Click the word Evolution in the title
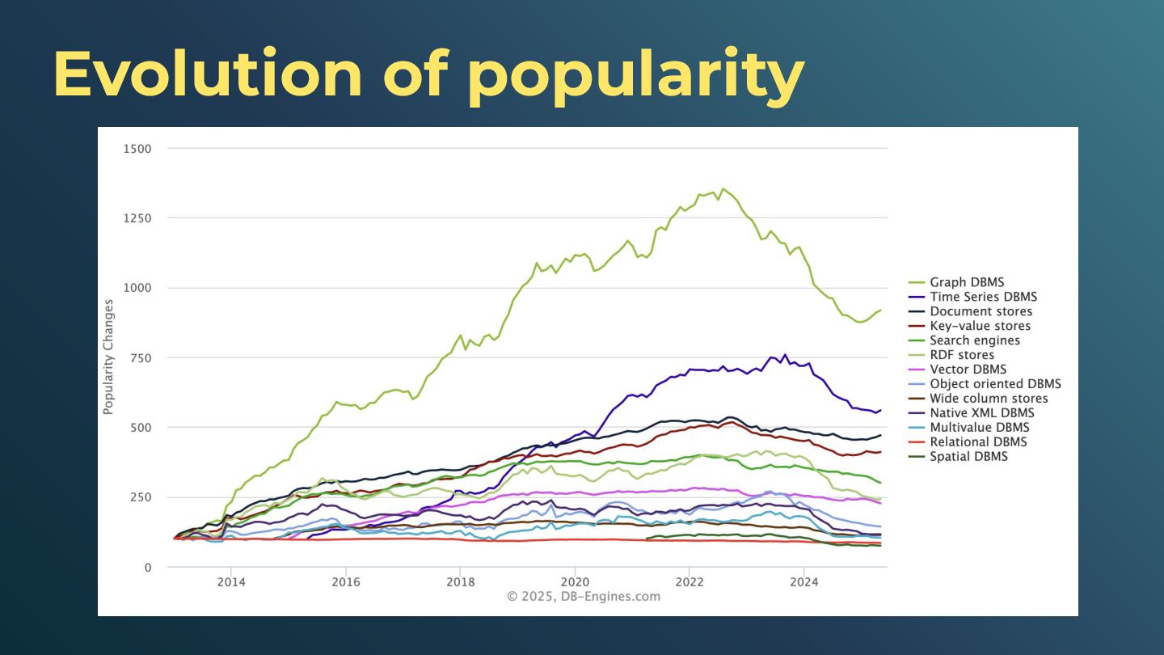tap(208, 74)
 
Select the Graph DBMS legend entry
tap(967, 282)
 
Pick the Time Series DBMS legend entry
tap(983, 297)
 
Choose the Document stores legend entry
tap(981, 311)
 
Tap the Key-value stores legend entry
tap(980, 326)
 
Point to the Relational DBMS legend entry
tap(978, 442)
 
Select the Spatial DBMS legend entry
tap(968, 457)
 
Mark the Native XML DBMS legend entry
tap(981, 413)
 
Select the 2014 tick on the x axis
tap(231, 581)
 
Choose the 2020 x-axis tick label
tap(575, 581)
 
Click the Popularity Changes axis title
tap(108, 357)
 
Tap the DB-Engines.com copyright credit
tap(584, 597)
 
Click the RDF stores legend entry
tap(962, 355)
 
